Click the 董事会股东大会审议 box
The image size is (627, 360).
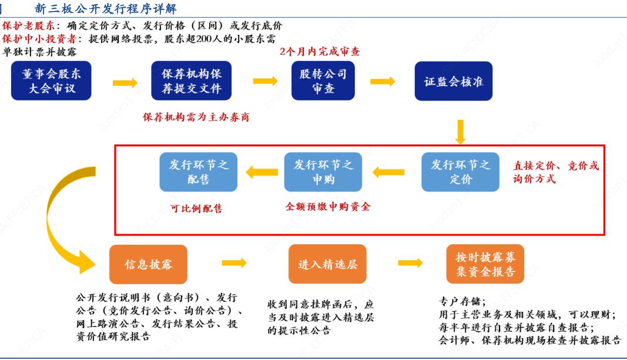pyautogui.click(x=52, y=81)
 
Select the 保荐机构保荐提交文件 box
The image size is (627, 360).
pyautogui.click(x=191, y=81)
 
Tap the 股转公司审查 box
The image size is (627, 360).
pyautogui.click(x=323, y=81)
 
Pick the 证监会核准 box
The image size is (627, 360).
pyautogui.click(x=454, y=81)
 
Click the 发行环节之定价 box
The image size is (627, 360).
pyautogui.click(x=461, y=172)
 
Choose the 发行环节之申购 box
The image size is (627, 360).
pyautogui.click(x=323, y=172)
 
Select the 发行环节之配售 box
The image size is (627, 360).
pyautogui.click(x=199, y=172)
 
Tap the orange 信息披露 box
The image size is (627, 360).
pyautogui.click(x=148, y=264)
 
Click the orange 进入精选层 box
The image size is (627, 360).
pyautogui.click(x=327, y=264)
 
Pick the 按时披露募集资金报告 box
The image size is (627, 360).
pyautogui.click(x=485, y=264)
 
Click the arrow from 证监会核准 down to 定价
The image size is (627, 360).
pyautogui.click(x=460, y=132)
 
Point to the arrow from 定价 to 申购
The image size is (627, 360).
pyautogui.click(x=388, y=172)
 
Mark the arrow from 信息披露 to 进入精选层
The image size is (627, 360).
pyautogui.click(x=234, y=263)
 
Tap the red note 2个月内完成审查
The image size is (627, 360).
pyautogui.click(x=320, y=52)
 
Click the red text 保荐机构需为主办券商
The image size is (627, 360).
pyautogui.click(x=196, y=117)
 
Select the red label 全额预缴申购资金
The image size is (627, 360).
pyautogui.click(x=328, y=207)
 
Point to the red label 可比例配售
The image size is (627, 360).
pyautogui.click(x=196, y=208)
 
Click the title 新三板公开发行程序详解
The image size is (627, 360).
pyautogui.click(x=106, y=9)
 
